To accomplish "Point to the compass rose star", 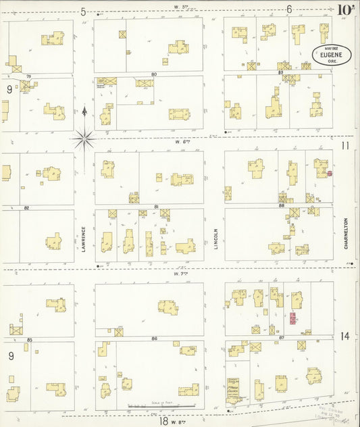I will click(84, 139).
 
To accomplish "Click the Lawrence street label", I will click(84, 239).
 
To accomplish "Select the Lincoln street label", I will click(216, 238).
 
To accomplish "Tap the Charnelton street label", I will click(346, 233).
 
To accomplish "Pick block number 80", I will click(154, 74).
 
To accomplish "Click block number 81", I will click(156, 206).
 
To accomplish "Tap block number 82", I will click(26, 207).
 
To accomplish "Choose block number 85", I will click(30, 338).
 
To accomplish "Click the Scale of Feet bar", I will click(161, 406).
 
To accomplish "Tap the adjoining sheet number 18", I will click(163, 420).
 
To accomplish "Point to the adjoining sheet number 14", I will click(344, 336).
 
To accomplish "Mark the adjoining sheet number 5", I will click(83, 11).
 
